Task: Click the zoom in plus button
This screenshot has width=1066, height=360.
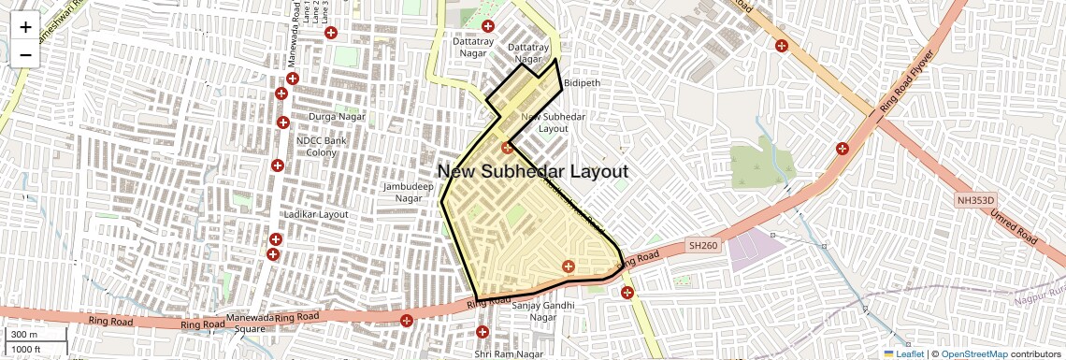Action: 25,27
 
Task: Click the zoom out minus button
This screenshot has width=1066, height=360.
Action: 25,54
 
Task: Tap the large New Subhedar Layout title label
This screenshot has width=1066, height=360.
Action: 532,171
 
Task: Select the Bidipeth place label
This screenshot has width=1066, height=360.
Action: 582,83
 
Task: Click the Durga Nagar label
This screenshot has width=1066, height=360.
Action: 335,117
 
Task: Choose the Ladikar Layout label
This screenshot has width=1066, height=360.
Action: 321,214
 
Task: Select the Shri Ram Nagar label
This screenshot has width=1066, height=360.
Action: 509,354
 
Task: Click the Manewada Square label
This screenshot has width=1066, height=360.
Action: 237,323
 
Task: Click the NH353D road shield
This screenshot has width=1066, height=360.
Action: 975,200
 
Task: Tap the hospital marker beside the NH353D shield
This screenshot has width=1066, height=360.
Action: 842,148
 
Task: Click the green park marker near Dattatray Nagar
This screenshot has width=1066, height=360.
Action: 486,25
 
